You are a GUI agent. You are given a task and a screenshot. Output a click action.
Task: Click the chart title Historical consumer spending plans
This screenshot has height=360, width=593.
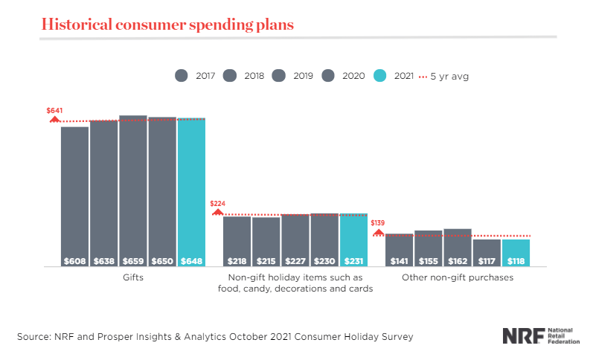pos(167,24)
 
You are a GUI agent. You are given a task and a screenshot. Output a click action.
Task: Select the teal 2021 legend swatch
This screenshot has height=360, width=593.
pos(379,75)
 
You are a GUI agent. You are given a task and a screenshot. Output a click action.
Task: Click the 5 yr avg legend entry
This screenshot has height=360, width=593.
pos(446,75)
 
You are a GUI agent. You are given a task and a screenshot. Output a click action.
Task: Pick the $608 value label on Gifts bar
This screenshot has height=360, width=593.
pos(75,260)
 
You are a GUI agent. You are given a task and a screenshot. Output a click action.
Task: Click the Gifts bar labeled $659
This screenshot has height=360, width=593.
pos(133,190)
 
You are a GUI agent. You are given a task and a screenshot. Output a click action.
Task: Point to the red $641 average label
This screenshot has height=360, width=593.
pos(54,111)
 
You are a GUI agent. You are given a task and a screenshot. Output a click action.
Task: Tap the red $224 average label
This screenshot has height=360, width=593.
pos(217,203)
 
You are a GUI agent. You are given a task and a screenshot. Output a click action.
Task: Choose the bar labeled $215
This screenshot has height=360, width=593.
pos(266,241)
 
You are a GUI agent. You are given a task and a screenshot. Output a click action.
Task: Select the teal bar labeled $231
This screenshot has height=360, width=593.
pos(353,240)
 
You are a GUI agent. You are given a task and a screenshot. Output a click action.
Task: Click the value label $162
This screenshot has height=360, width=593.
pos(458,260)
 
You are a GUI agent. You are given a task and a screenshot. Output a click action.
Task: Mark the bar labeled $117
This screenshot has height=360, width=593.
pos(487,252)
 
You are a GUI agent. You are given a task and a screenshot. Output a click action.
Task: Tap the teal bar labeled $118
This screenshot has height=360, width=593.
pos(516,252)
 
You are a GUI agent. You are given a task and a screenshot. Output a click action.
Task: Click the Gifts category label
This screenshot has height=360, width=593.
pos(133,277)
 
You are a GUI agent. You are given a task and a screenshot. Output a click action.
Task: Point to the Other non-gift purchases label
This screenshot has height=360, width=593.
pos(458,277)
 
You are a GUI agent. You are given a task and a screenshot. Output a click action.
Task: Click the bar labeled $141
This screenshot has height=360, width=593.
pos(400,249)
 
